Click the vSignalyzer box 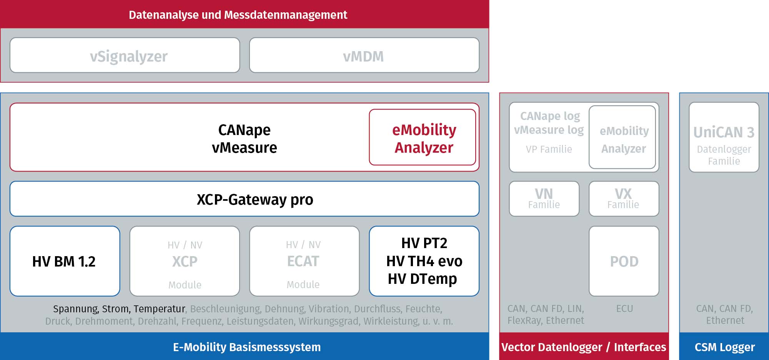point(125,55)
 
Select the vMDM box point(364,55)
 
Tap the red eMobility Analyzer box point(423,137)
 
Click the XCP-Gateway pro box point(245,199)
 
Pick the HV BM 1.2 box point(65,261)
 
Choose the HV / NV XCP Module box point(185,261)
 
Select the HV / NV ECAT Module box point(305,261)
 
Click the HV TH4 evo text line point(424,261)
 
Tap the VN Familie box point(544,199)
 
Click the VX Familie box point(624,199)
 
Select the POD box point(624,261)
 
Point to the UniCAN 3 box point(724,137)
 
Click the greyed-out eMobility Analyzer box point(623,137)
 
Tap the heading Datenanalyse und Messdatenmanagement point(238,15)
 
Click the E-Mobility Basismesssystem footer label point(247,347)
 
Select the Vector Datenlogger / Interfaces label point(584,347)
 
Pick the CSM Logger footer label point(725,347)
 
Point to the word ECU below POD point(624,308)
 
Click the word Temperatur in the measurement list point(160,309)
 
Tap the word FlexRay point(524,320)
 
